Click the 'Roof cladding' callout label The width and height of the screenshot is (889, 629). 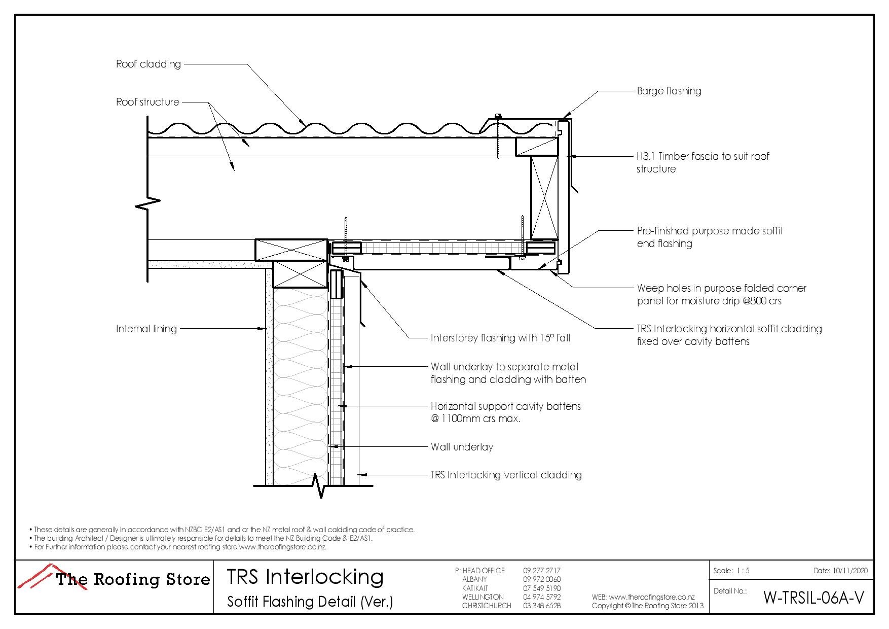(148, 64)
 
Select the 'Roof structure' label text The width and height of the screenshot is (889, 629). (147, 102)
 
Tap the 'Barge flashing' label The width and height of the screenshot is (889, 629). (669, 91)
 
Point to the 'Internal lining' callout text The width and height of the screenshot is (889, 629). (146, 329)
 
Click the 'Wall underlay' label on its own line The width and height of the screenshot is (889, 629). (462, 447)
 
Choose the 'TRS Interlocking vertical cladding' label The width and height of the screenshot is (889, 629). (506, 475)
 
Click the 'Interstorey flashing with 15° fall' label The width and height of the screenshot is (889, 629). (500, 338)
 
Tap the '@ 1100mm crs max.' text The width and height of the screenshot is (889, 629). (475, 419)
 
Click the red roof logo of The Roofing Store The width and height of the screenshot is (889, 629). (38, 576)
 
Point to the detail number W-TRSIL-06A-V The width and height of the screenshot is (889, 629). (813, 598)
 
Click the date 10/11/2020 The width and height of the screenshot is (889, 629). (850, 571)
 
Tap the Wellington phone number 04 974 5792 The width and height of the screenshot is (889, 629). (541, 597)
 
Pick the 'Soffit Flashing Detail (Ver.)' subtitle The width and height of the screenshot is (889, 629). (310, 602)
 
